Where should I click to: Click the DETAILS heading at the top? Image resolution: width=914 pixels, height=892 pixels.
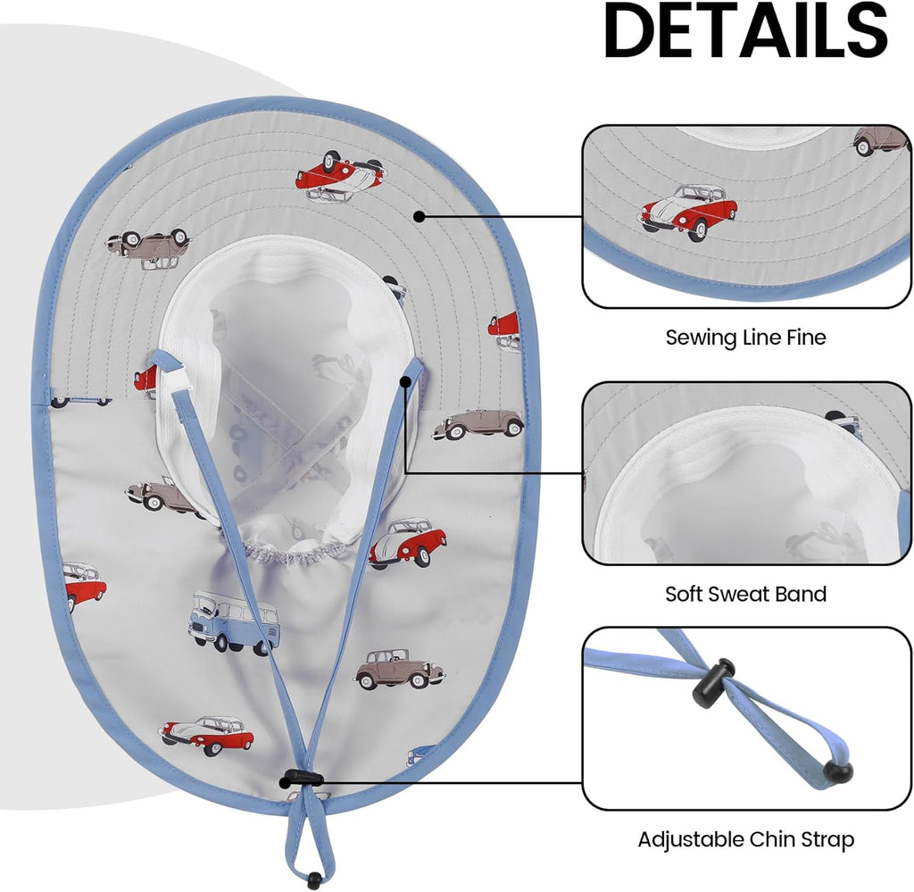[745, 29]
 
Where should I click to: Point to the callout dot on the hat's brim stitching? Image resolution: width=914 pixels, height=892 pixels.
[419, 216]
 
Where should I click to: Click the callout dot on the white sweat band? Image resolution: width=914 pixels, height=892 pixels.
[406, 382]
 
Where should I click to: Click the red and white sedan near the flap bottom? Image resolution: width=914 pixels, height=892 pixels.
[206, 735]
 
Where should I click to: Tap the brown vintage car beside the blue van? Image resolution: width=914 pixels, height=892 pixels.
[400, 669]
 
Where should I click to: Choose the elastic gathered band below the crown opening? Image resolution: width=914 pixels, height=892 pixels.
[289, 553]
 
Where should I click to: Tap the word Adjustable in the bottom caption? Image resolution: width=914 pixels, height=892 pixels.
[691, 840]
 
